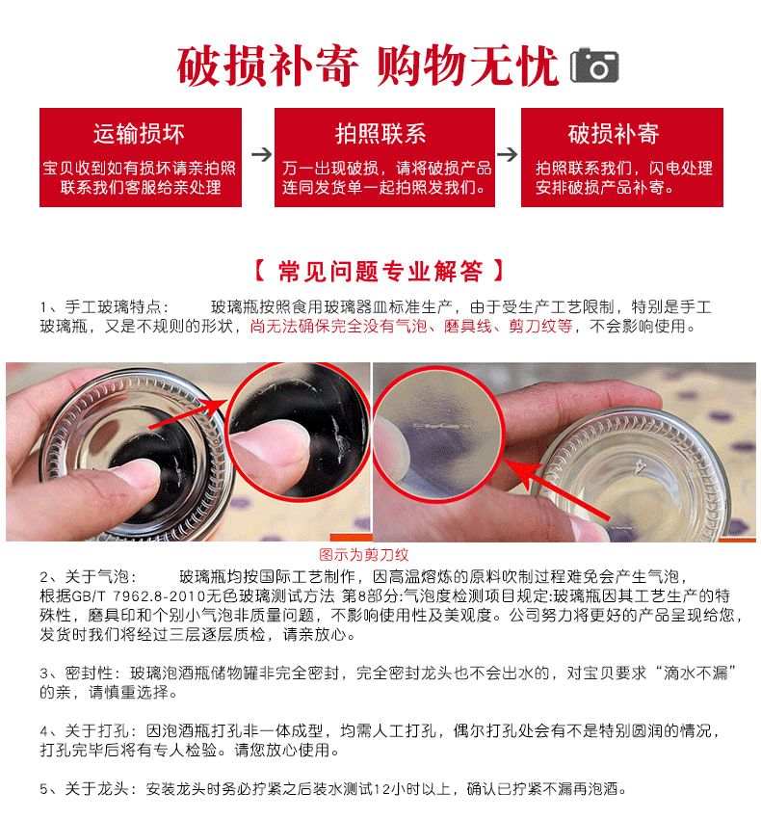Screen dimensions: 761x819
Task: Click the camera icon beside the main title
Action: coord(593,66)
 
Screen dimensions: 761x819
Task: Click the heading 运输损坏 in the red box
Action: coord(139,134)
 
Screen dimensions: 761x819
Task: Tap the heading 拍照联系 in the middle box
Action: coord(380,134)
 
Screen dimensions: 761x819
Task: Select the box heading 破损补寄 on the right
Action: coord(614,134)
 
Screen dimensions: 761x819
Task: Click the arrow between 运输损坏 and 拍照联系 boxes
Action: coord(261,154)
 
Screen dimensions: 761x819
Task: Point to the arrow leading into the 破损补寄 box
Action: coord(507,154)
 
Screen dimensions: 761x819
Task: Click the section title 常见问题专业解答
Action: coord(380,272)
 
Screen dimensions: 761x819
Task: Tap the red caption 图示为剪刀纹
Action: coord(363,555)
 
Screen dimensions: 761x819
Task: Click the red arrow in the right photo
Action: coord(557,489)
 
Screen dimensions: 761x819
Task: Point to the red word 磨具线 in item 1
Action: coord(467,327)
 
